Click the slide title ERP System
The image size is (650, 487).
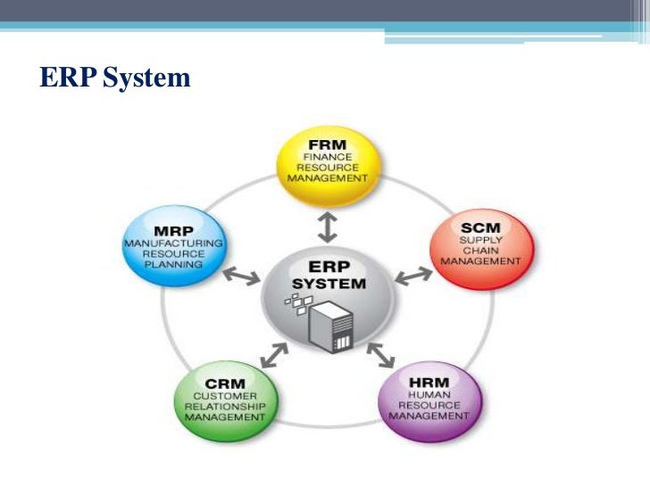pos(115,78)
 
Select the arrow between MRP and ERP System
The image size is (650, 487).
pos(240,277)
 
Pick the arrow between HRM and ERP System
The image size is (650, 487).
pos(381,354)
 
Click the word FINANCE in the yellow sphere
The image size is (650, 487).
pos(327,157)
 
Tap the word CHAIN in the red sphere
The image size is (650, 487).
pos(482,251)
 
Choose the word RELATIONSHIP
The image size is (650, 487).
pos(230,407)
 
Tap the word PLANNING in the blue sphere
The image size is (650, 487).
pos(175,265)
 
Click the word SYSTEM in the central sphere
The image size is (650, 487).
pos(329,284)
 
